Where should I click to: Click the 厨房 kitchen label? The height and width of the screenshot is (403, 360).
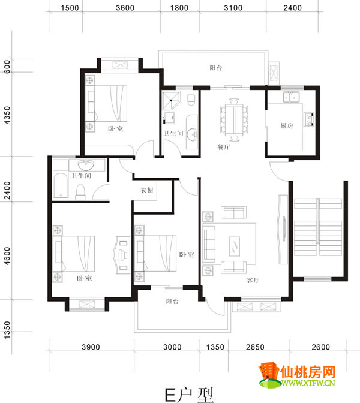(286, 126)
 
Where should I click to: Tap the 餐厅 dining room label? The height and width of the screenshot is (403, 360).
(224, 147)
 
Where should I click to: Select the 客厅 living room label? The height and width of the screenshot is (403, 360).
(253, 280)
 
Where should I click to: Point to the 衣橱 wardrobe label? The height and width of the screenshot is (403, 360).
(147, 190)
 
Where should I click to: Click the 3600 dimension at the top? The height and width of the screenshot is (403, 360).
(125, 8)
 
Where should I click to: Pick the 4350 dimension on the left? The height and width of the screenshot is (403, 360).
(7, 115)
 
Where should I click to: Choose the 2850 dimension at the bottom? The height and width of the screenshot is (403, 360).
(255, 347)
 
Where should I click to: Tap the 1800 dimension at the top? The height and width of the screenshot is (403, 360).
(179, 8)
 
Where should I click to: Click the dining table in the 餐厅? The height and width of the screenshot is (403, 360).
(234, 120)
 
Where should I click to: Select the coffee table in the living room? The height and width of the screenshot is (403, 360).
(235, 246)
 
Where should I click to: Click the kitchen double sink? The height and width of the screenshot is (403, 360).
(291, 97)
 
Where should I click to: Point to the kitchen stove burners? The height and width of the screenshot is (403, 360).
(308, 119)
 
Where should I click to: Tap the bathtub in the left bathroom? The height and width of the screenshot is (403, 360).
(61, 185)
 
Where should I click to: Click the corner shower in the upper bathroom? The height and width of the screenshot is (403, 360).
(171, 100)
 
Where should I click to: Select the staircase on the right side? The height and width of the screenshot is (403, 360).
(318, 227)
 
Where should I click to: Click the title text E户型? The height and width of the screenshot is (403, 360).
(189, 395)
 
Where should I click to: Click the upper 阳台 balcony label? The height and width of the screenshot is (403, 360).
(216, 68)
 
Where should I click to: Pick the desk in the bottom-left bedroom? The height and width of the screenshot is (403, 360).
(122, 255)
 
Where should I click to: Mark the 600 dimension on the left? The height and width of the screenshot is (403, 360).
(7, 67)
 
